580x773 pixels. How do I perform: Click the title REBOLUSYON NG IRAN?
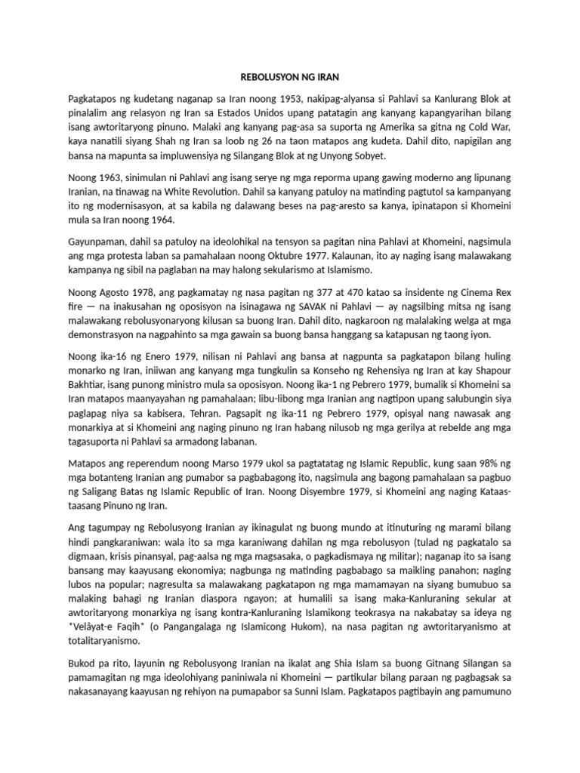(x=289, y=76)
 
